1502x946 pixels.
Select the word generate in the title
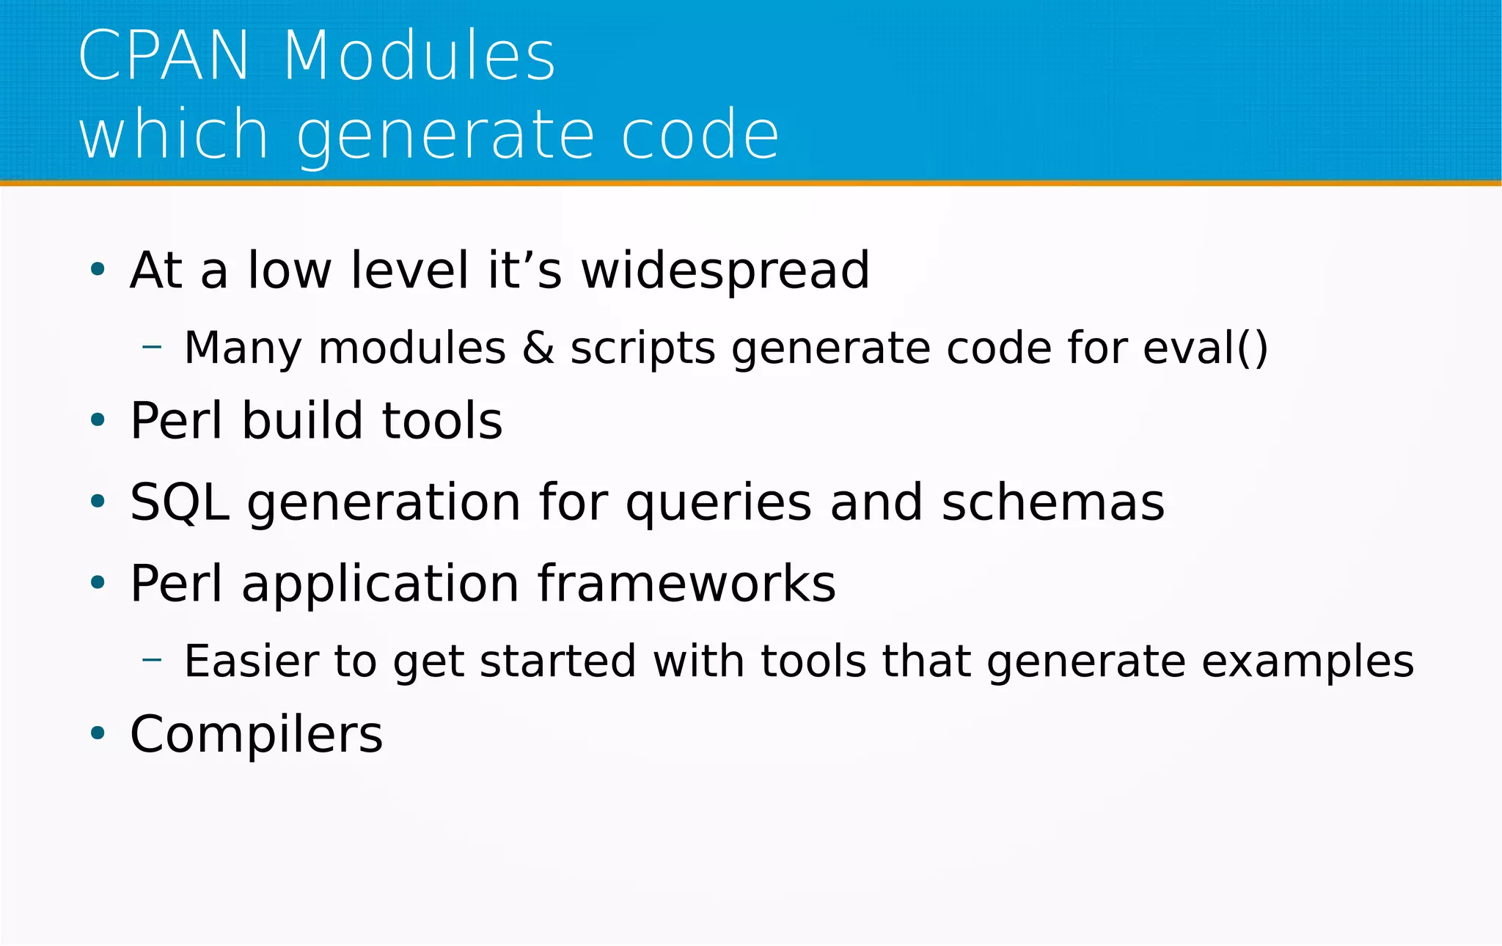tap(444, 135)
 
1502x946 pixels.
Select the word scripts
tap(642, 348)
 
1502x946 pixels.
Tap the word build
tap(302, 420)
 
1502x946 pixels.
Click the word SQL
tap(179, 503)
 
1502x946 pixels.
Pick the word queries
tap(719, 503)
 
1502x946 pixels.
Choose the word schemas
tap(1053, 502)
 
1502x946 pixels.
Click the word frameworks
tap(686, 584)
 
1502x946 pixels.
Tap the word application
tap(380, 585)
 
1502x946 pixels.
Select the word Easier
tap(249, 661)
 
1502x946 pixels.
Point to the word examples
tap(1308, 662)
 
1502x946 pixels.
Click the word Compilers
tap(256, 734)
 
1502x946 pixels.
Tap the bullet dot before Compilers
tap(98, 733)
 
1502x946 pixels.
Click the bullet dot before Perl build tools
tap(98, 420)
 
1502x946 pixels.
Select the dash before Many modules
tap(152, 346)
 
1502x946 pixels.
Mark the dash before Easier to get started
tap(152, 660)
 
